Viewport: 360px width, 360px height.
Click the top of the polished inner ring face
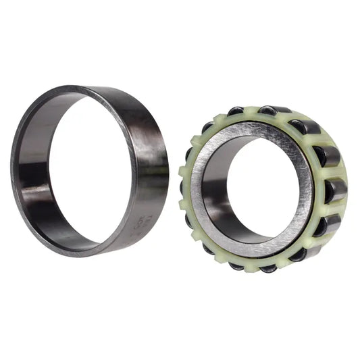(x=253, y=128)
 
